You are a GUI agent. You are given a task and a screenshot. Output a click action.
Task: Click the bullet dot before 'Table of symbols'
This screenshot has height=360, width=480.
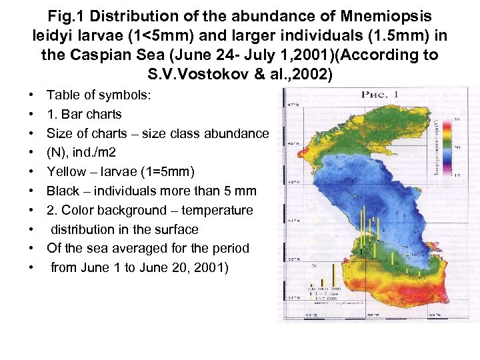[x=33, y=95]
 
